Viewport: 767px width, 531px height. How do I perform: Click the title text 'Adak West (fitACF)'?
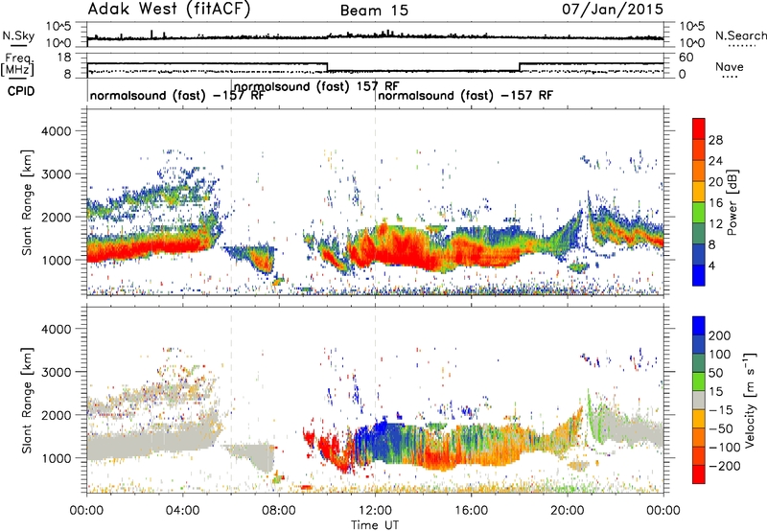coord(169,10)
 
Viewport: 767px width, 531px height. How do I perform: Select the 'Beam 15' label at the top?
coord(374,11)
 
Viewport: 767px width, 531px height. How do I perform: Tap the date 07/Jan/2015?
coord(613,10)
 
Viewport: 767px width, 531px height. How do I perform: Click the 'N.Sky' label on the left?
coord(18,35)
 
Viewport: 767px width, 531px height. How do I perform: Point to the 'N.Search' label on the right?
coord(740,35)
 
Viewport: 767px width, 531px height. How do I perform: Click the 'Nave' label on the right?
coord(729,66)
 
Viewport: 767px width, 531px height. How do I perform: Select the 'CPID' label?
coord(21,91)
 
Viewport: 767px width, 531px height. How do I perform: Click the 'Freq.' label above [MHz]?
coord(18,58)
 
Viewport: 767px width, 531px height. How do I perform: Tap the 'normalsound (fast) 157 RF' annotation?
coord(316,87)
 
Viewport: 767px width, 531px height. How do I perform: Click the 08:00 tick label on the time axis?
coord(279,511)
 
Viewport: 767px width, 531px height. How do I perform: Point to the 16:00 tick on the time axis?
coord(471,511)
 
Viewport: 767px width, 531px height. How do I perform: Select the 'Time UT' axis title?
coord(375,525)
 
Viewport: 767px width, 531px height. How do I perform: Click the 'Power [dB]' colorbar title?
coord(732,202)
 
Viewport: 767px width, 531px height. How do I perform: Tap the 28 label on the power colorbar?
coord(715,140)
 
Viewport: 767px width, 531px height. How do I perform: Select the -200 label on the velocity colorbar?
coord(724,466)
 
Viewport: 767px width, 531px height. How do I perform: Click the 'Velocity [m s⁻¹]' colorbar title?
coord(750,400)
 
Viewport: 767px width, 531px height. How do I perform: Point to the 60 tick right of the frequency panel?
coord(686,58)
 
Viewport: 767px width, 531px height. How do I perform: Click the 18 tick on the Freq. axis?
coord(64,58)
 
